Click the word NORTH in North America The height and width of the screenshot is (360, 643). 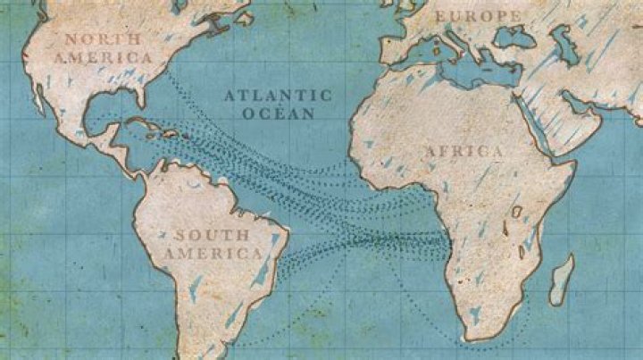click(x=104, y=39)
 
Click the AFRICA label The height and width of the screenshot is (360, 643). click(x=463, y=152)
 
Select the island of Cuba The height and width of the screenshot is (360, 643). click(x=143, y=125)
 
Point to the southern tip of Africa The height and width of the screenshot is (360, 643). click(x=478, y=338)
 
